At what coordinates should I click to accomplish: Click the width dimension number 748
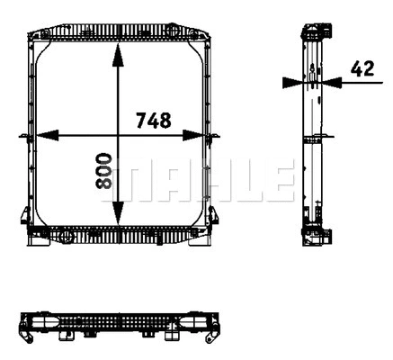(154, 119)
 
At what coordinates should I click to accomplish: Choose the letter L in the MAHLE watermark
(243, 181)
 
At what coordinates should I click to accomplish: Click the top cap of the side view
(312, 34)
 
